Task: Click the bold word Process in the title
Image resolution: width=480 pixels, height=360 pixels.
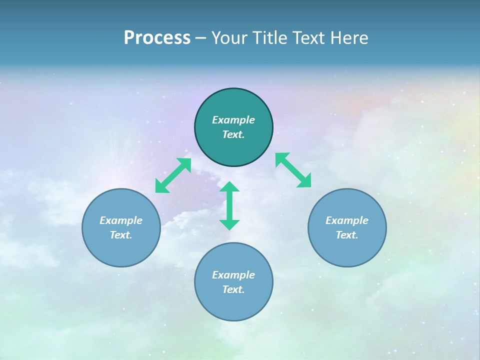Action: tap(157, 38)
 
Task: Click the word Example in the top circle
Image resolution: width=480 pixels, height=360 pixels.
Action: tap(233, 120)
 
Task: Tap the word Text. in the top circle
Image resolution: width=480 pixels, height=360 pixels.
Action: tap(233, 134)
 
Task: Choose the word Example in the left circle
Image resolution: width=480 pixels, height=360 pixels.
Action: tap(121, 220)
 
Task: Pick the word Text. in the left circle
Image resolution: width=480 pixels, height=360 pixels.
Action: tap(121, 235)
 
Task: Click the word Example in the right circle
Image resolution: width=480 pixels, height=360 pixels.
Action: tap(347, 220)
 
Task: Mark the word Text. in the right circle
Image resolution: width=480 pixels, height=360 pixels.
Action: tap(347, 235)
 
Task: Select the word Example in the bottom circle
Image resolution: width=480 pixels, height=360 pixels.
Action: tap(233, 275)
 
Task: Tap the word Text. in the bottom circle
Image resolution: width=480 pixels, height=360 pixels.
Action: tap(233, 289)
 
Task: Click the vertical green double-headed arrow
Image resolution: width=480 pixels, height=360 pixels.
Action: tap(229, 205)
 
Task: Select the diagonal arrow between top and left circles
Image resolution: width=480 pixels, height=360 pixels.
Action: tap(173, 175)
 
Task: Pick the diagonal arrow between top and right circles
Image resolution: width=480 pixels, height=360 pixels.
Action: tap(293, 170)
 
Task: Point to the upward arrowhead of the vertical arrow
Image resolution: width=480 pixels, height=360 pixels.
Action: tap(229, 187)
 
